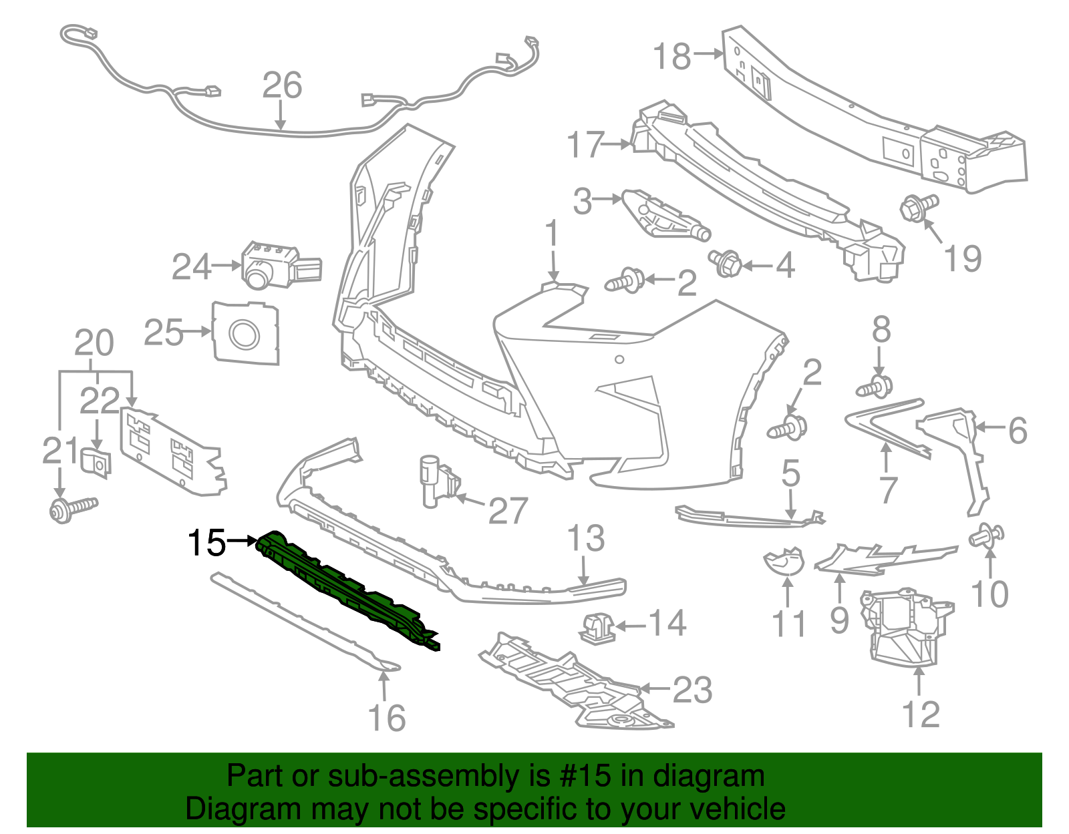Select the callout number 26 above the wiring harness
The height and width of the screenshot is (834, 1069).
click(x=282, y=85)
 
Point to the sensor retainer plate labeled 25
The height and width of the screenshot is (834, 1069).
click(x=245, y=333)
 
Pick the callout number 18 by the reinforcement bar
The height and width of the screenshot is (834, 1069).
click(x=671, y=56)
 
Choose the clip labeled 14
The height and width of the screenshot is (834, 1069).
click(x=596, y=627)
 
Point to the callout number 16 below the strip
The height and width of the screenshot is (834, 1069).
click(x=387, y=718)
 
